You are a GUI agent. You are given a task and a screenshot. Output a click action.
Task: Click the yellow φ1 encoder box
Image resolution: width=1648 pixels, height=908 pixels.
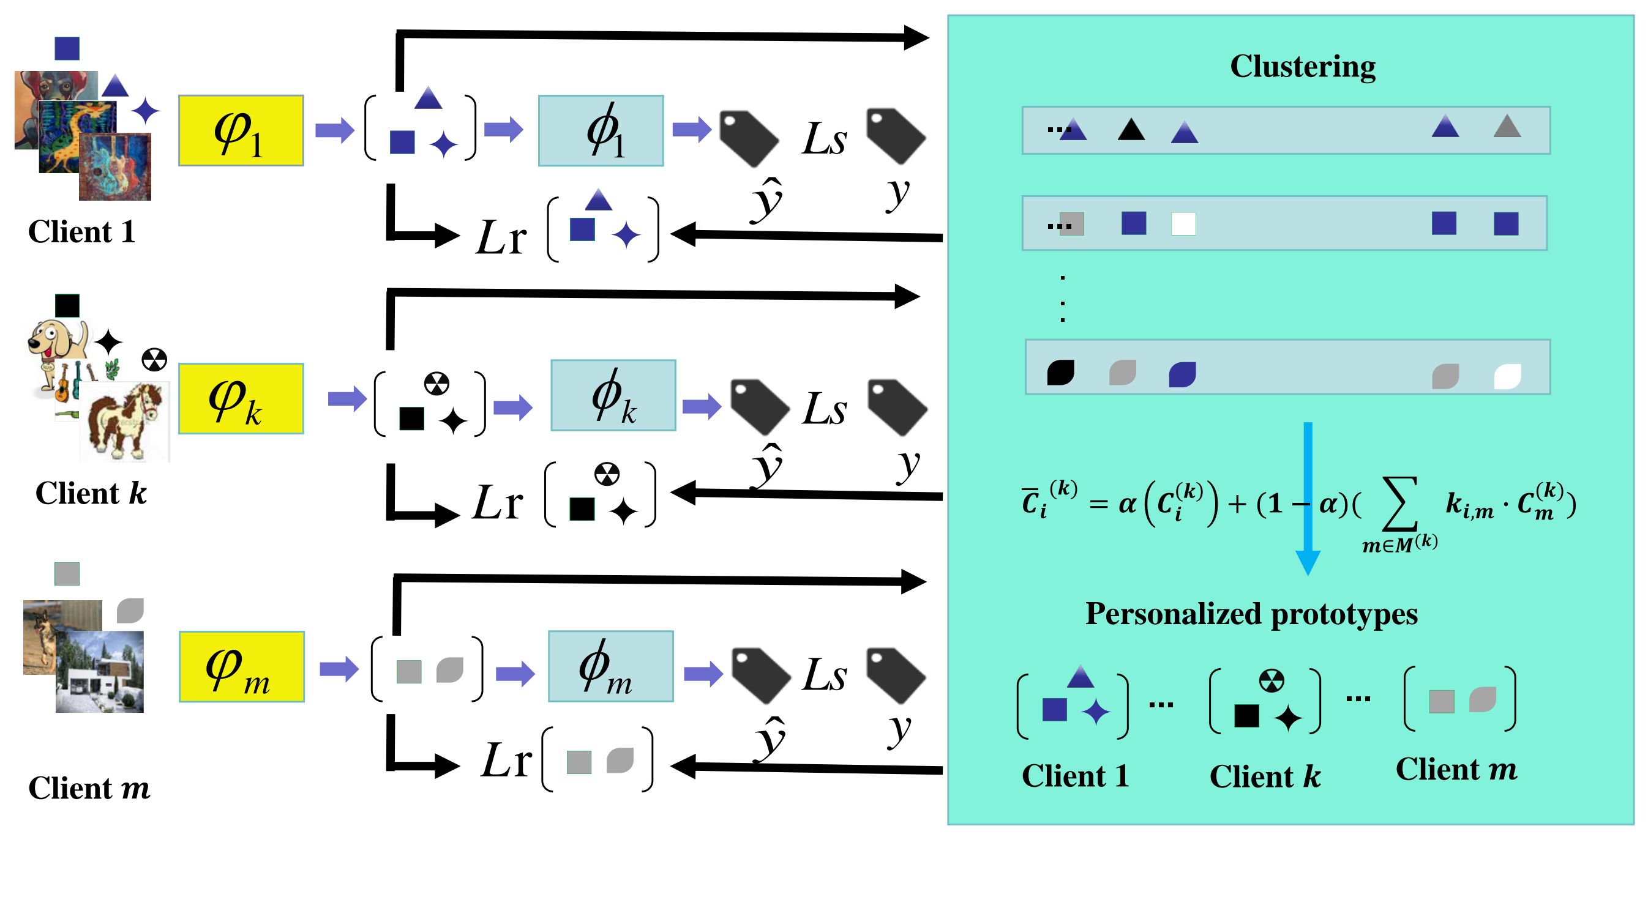pyautogui.click(x=241, y=130)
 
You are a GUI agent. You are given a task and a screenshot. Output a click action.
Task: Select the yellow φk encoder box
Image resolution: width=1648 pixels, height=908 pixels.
pyautogui.click(x=241, y=398)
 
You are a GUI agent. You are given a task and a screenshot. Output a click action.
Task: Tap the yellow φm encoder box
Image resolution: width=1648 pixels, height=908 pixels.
pyautogui.click(x=241, y=666)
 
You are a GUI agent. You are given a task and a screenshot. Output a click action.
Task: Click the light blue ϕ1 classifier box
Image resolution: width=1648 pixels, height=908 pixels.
pyautogui.click(x=600, y=130)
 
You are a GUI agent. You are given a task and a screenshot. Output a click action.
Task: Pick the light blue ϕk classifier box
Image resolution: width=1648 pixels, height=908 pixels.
pyautogui.click(x=613, y=395)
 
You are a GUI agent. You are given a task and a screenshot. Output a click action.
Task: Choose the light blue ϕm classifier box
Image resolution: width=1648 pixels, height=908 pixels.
pyautogui.click(x=610, y=666)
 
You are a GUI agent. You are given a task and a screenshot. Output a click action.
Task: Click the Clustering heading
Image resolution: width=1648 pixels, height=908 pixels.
pyautogui.click(x=1303, y=67)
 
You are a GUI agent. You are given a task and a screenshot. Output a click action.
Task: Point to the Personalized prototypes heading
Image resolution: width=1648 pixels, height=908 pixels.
pyautogui.click(x=1251, y=614)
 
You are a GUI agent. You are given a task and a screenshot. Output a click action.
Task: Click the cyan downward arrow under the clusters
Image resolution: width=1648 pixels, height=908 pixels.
pyautogui.click(x=1308, y=499)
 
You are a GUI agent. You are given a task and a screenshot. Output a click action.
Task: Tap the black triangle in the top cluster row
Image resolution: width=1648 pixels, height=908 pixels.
pyautogui.click(x=1131, y=130)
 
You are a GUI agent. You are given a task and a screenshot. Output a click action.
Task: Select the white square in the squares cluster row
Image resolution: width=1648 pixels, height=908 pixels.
pyautogui.click(x=1183, y=224)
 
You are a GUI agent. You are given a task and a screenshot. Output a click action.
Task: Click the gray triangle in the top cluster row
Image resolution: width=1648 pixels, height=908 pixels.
pyautogui.click(x=1507, y=127)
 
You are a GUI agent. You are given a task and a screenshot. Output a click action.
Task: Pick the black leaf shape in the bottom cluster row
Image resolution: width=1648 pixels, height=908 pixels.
pyautogui.click(x=1060, y=373)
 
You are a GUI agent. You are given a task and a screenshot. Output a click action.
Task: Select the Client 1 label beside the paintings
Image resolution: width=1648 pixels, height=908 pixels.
pyautogui.click(x=82, y=231)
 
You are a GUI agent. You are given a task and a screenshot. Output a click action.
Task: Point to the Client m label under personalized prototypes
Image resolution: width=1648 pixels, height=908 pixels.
pyautogui.click(x=1456, y=769)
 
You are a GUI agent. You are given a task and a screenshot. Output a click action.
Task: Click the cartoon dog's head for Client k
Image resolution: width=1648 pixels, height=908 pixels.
pyautogui.click(x=51, y=339)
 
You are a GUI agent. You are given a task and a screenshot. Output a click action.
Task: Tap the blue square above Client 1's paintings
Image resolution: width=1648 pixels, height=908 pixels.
pyautogui.click(x=67, y=48)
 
